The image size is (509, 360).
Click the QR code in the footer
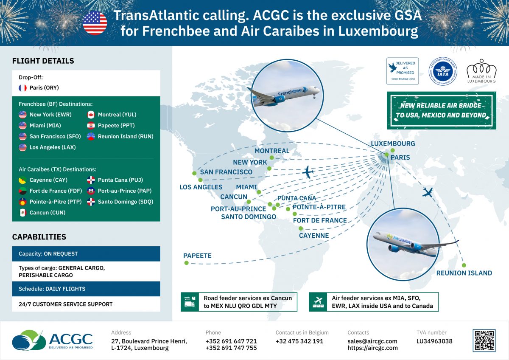484,340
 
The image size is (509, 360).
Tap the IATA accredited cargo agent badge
442,71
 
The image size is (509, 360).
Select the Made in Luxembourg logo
481,71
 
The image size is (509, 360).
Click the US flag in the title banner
95,23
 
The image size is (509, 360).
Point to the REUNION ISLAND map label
464,273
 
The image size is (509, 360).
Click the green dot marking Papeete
186,263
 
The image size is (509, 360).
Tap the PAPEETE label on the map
197,256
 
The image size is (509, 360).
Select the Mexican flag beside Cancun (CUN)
22,213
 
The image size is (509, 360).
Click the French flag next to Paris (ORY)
22,88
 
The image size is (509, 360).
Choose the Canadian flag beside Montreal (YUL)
91,115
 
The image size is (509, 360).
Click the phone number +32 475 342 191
299,341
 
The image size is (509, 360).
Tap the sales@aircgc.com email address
372,341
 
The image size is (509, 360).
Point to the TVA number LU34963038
434,341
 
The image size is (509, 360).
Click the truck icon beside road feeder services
189,301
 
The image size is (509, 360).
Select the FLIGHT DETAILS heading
43,61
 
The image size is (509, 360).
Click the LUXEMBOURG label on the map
393,143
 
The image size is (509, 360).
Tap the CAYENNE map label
314,235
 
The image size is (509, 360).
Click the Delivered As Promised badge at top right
403,71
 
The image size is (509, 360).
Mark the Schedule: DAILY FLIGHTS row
86,289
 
